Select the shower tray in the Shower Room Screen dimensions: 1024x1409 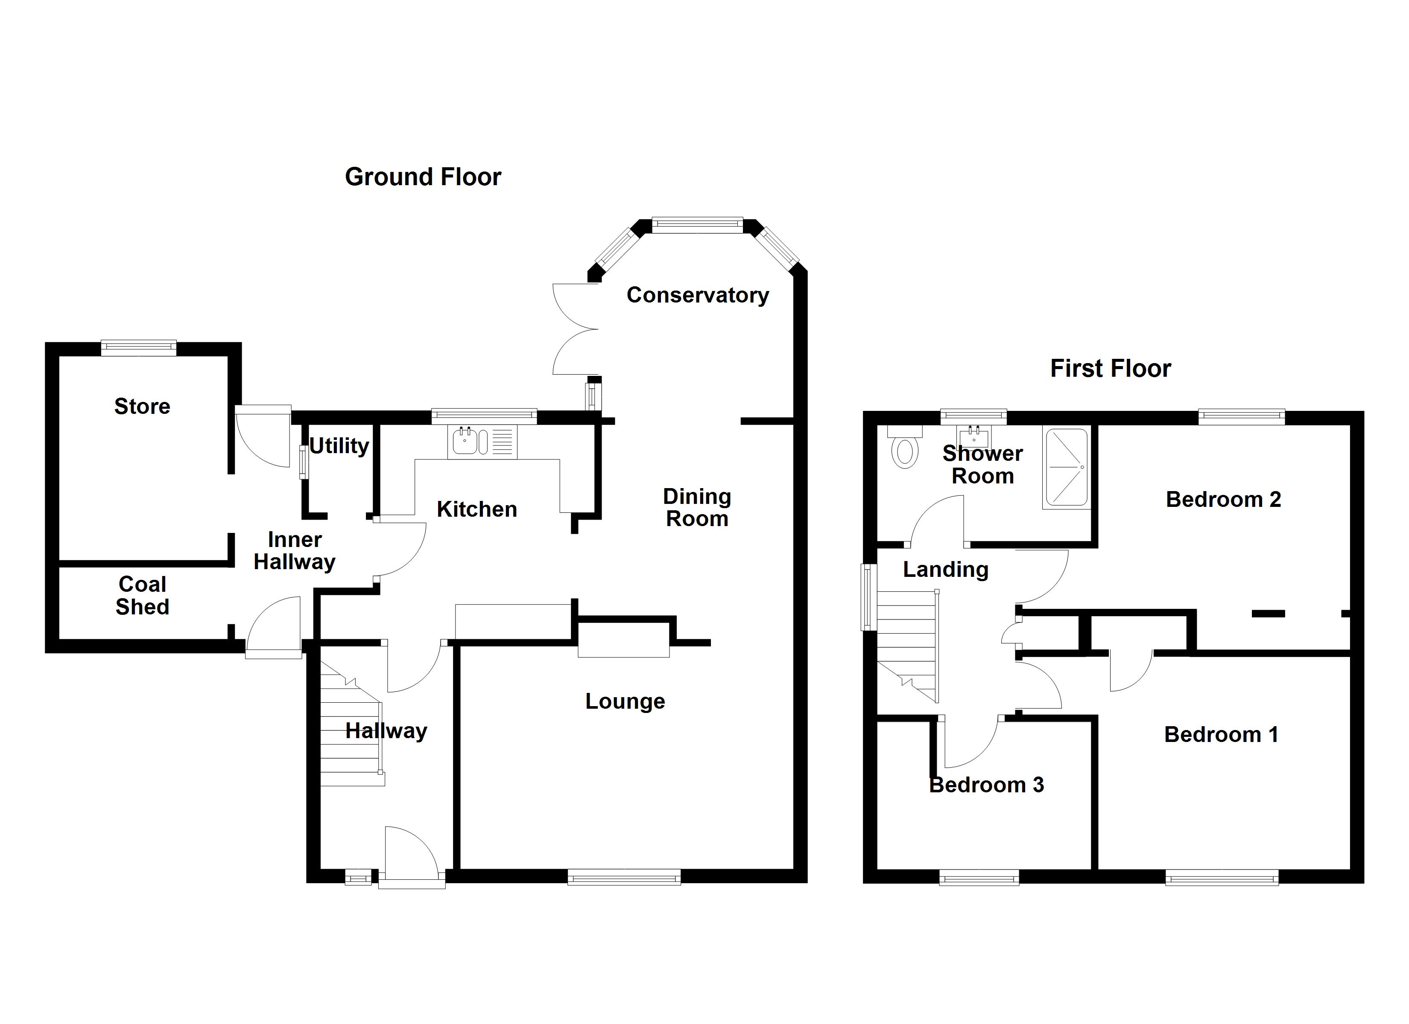1067,467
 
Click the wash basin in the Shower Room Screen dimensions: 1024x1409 973,436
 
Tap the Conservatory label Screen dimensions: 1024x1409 697,295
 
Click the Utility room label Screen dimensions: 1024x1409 339,445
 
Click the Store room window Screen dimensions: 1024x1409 138,348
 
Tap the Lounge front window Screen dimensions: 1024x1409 624,877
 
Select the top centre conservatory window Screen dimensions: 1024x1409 697,225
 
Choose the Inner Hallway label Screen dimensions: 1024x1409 295,551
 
